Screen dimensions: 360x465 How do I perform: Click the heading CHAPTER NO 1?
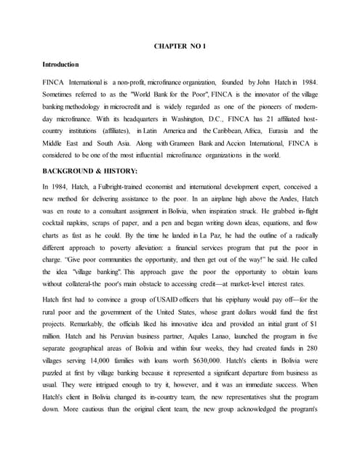[180, 46]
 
